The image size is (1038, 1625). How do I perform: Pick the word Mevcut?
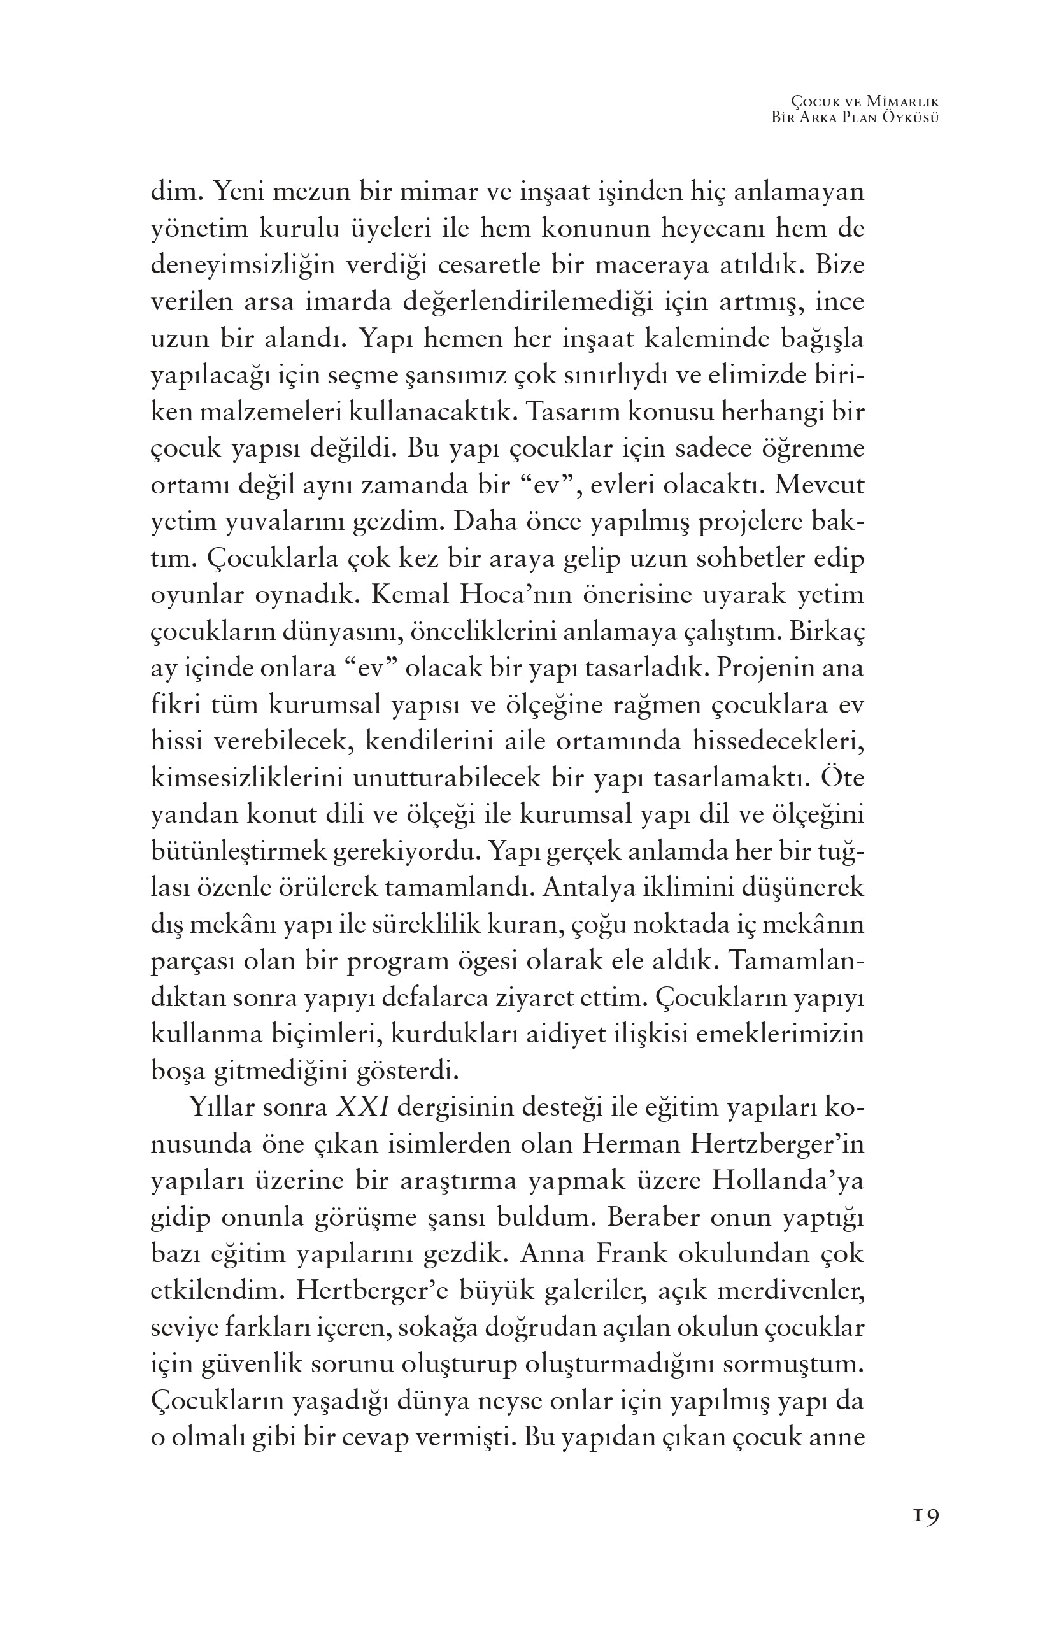coord(820,485)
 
